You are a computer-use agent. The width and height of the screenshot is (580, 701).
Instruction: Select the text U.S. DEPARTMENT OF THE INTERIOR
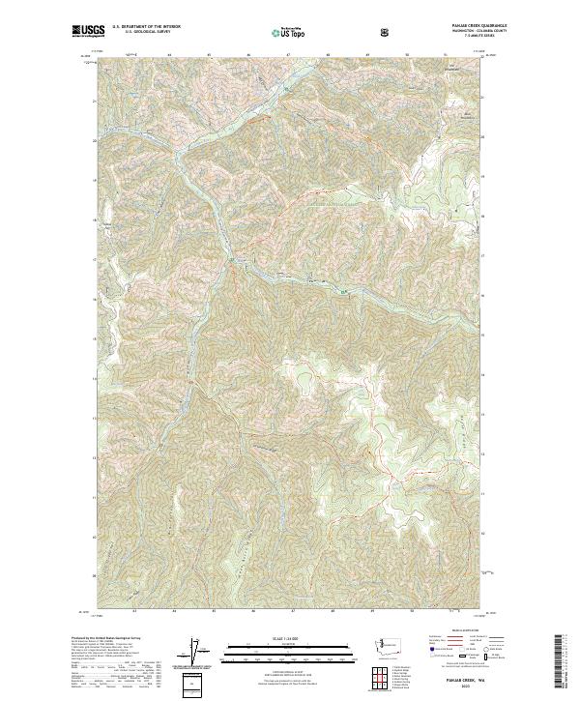[x=144, y=28]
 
